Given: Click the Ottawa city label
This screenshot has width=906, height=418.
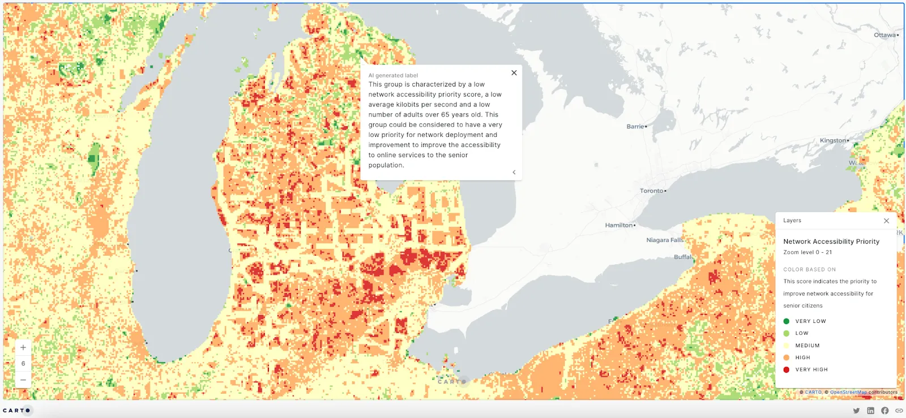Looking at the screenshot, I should pos(884,35).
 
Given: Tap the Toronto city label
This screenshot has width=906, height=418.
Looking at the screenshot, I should pos(651,191).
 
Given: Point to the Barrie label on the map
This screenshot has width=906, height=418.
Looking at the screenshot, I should pos(635,127).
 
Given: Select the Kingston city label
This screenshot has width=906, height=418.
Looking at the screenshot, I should pos(832,140).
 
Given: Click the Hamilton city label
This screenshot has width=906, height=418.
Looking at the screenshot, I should pos(618,225).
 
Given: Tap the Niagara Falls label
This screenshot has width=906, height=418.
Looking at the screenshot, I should pos(664,240).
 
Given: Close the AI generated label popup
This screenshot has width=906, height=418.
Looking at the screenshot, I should pos(514,73).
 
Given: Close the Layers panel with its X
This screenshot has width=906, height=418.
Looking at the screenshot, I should pos(886,221).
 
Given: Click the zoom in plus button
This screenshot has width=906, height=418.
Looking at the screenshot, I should pos(23,347).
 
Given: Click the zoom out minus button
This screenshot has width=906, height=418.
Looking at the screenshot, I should pos(23,380).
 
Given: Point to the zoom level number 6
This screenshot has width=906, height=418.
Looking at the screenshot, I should pos(23,364).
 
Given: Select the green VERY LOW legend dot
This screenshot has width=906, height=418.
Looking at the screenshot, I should pos(786,321).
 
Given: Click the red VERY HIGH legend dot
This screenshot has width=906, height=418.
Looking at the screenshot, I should pos(786,370).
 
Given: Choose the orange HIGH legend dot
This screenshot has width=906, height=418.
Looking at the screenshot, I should pos(786,357).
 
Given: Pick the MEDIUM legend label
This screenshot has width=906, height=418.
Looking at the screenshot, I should pos(807,346).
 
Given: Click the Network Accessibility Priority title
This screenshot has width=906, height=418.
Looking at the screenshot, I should pos(831,242).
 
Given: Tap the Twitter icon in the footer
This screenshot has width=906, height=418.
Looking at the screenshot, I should pos(856,411).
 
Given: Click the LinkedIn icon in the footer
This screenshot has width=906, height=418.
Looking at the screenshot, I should pos(870,411).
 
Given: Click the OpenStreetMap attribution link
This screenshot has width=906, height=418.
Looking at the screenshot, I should pos(848,392).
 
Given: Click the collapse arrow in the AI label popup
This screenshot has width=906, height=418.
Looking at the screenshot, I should pos(514,173).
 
